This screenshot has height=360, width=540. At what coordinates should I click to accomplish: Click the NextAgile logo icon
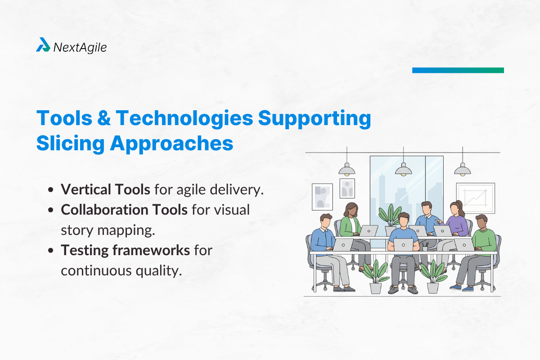43,45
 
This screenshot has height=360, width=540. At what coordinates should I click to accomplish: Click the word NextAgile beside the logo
80,47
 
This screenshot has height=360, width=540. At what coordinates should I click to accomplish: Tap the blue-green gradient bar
458,70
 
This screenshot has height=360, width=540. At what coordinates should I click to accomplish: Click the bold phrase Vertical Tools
106,189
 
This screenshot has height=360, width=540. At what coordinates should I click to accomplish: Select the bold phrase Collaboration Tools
124,210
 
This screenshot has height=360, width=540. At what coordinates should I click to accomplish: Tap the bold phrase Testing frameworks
126,250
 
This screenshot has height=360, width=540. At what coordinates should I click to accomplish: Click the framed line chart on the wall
475,198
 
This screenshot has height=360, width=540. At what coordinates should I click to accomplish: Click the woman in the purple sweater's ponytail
460,209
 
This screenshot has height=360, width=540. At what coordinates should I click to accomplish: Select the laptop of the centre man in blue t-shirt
403,244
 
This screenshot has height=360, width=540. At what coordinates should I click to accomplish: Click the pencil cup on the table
425,247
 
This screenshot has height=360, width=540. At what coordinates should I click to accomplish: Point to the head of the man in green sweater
481,221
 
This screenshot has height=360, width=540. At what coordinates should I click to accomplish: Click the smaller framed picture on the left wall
347,188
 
